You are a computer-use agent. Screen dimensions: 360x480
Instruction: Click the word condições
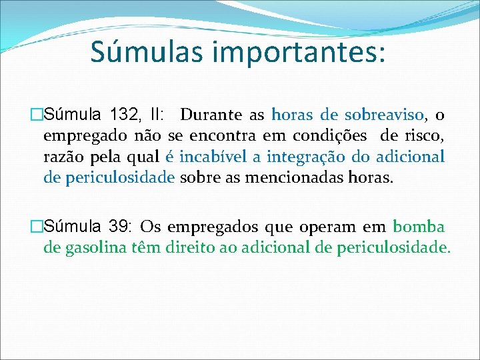tap(331, 136)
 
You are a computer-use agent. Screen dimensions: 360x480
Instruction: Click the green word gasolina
tap(89, 248)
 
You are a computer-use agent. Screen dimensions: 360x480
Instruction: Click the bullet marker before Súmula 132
tap(37, 115)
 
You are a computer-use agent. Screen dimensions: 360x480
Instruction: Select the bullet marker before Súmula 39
tap(37, 227)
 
